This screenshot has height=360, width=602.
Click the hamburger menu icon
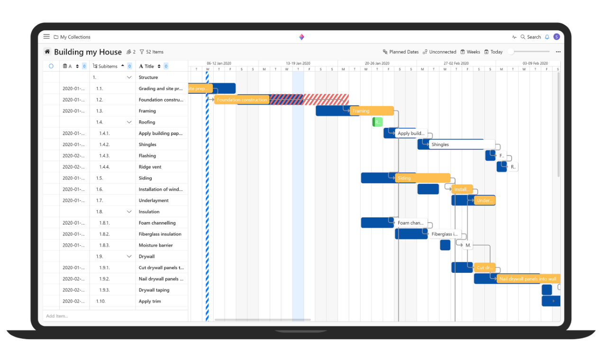[x=46, y=36]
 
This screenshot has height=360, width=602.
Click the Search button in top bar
[x=530, y=37]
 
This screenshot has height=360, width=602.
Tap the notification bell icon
[x=547, y=37]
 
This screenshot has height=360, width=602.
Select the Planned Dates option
[x=401, y=52]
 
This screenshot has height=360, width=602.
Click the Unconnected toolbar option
[x=439, y=52]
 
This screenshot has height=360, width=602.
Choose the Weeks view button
[x=470, y=52]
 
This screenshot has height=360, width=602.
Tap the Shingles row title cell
[x=147, y=144]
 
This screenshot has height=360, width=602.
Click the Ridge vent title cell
[x=150, y=167]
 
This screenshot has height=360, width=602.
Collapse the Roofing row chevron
[x=129, y=122]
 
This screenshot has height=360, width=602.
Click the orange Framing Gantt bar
[x=372, y=111]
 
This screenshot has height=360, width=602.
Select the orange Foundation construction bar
[x=242, y=100]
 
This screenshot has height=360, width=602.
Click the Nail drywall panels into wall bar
[x=528, y=279]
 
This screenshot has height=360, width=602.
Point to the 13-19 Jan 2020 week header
[x=298, y=63]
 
